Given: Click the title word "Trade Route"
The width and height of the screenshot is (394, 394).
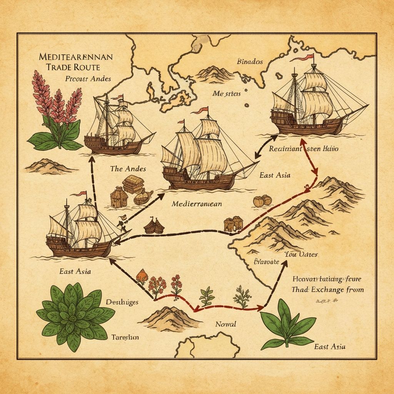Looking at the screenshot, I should click(x=73, y=67).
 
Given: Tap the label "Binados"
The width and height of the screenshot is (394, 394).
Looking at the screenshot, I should click(x=250, y=62).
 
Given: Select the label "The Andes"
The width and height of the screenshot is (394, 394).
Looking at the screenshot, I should click(x=128, y=169).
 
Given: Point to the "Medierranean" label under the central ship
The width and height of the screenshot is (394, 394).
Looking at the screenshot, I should click(x=197, y=204).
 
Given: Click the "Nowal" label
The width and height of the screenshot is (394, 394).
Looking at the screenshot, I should click(x=226, y=324).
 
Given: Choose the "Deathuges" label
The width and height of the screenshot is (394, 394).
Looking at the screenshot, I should click(x=122, y=302).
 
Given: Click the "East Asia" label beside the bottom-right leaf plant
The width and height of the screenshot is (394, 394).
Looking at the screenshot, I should click(x=329, y=346).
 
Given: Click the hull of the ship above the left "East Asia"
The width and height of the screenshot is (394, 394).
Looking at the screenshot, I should click(x=79, y=247).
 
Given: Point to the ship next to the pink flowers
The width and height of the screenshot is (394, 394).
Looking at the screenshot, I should click(x=115, y=127).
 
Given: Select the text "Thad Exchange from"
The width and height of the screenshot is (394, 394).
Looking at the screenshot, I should click(x=327, y=289).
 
